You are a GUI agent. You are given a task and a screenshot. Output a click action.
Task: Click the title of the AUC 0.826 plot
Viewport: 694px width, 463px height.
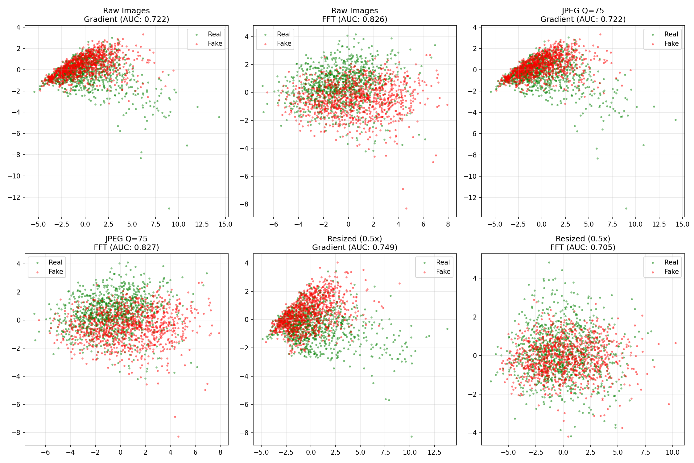coord(355,15)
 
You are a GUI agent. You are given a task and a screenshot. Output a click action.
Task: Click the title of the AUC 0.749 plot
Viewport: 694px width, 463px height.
coord(355,243)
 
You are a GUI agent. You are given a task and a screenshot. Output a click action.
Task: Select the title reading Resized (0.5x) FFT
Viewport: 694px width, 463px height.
coord(583,243)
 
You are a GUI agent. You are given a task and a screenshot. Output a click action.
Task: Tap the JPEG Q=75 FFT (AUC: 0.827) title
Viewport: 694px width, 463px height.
coord(126,243)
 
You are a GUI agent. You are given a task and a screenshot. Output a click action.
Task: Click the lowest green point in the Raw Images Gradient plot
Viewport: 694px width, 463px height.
coord(169,209)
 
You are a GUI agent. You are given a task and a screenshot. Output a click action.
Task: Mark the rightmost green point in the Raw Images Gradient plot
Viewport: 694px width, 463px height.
coord(219,117)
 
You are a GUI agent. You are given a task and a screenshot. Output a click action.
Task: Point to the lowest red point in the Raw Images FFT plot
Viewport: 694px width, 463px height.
coord(406,209)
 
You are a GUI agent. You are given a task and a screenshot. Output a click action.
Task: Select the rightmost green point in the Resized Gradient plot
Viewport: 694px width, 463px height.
coord(447,329)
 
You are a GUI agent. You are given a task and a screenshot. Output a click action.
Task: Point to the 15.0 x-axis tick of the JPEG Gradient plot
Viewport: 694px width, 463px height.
coord(682,224)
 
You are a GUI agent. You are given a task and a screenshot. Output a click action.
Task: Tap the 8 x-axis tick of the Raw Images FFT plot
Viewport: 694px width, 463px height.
coord(448,224)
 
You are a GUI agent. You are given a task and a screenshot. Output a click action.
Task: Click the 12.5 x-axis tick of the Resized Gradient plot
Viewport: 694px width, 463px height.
coord(434,453)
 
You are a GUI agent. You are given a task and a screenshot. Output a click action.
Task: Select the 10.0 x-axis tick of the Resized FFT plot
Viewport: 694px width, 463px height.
coord(672,453)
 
